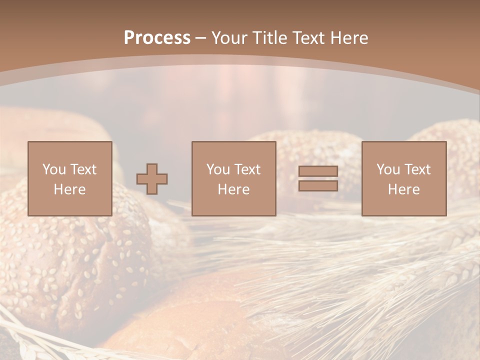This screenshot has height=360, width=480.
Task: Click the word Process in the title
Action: click(157, 38)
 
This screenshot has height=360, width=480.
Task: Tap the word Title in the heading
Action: click(270, 38)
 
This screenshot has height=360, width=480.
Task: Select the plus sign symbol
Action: click(152, 179)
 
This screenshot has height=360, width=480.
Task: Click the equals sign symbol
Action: click(318, 178)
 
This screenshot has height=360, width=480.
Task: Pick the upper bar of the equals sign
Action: click(318, 171)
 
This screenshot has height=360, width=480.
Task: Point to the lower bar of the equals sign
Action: click(318, 185)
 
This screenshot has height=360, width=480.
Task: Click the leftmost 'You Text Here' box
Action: click(70, 178)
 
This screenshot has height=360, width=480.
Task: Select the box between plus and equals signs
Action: click(234, 178)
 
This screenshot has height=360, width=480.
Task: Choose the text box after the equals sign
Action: click(404, 178)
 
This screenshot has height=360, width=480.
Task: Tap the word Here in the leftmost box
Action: click(69, 189)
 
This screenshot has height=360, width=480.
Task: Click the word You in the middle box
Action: click(218, 169)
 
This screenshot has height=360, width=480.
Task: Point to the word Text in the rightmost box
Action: click(417, 169)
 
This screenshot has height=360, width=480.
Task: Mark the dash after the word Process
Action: click(200, 38)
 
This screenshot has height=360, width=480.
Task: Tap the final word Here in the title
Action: click(350, 38)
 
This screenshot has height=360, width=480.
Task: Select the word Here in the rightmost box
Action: click(404, 189)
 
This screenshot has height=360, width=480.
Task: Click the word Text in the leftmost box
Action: click(83, 169)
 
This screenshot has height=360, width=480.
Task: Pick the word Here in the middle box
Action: click(234, 189)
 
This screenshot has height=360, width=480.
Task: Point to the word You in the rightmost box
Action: click(388, 169)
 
